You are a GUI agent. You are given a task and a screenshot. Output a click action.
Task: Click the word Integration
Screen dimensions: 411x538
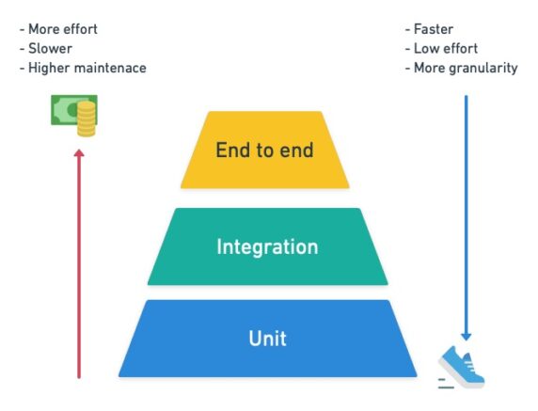click(x=267, y=247)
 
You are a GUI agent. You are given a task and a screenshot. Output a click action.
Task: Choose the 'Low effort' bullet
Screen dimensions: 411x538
click(x=445, y=48)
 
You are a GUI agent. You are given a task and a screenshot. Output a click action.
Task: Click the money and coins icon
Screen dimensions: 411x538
click(x=74, y=116)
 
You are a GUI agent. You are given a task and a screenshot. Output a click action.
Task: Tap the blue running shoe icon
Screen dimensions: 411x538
click(x=463, y=367)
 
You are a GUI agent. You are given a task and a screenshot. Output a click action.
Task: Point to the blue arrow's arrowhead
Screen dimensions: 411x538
click(x=466, y=335)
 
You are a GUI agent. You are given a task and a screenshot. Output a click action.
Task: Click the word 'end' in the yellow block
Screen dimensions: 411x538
click(x=293, y=150)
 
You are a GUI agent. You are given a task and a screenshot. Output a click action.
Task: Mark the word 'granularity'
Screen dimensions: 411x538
click(x=483, y=68)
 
